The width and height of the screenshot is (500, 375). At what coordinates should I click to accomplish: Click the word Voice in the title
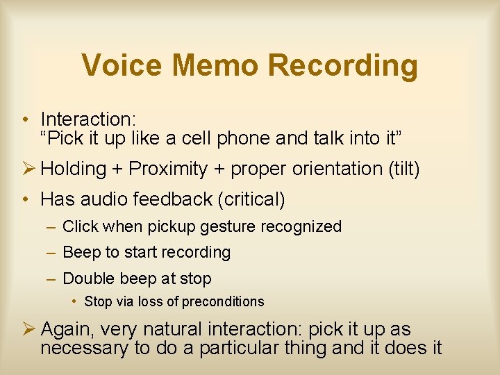click(x=122, y=65)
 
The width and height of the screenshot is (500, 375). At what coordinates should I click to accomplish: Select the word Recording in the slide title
click(x=342, y=65)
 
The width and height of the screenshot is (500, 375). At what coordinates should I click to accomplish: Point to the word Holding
click(x=74, y=169)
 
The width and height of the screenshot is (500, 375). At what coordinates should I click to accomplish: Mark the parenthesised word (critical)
click(x=251, y=199)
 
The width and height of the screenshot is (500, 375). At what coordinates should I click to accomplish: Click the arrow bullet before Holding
click(x=27, y=168)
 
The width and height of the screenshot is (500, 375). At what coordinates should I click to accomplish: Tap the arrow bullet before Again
click(x=27, y=328)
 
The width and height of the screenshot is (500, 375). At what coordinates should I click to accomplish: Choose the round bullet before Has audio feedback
click(x=24, y=200)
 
